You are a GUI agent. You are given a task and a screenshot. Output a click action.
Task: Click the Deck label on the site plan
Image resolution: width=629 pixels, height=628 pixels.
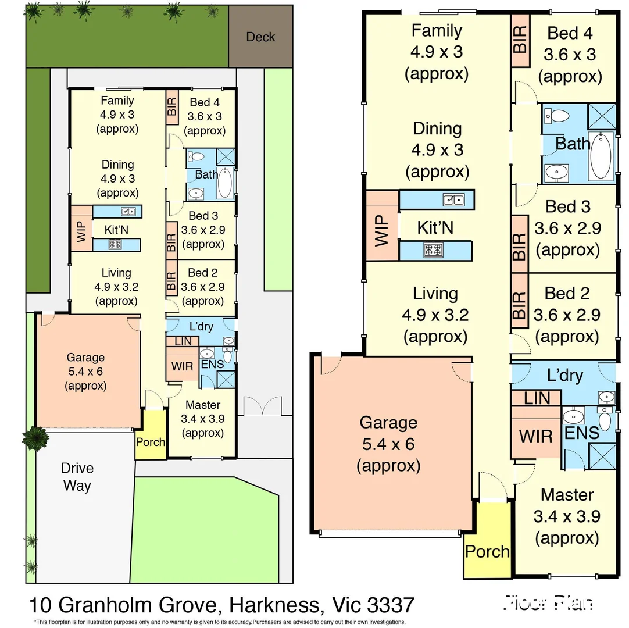[x=260, y=37]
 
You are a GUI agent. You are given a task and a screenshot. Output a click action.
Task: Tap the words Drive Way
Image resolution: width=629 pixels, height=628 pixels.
[x=77, y=477]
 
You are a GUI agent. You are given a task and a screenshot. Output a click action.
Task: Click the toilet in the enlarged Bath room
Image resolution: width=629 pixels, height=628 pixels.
[x=559, y=115]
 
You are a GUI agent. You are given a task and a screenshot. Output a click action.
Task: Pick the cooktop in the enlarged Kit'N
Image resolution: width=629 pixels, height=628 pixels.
[x=434, y=250]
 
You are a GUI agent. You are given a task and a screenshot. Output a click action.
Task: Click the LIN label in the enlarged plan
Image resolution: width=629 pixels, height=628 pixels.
[x=537, y=398]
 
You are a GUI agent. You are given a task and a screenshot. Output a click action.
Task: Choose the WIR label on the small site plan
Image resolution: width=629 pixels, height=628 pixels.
[x=182, y=367]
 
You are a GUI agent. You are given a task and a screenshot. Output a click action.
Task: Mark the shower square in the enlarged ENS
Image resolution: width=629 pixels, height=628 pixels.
[x=602, y=455]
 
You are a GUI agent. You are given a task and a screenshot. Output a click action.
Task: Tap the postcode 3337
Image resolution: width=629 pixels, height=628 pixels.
[x=391, y=605]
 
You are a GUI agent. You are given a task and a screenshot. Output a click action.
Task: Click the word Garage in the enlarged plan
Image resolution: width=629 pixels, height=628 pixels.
[x=388, y=422]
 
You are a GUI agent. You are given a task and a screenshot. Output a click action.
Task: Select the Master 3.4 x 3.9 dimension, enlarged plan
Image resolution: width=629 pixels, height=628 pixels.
[x=566, y=516]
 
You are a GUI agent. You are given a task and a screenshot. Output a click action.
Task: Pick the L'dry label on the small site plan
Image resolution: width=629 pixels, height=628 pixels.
[x=201, y=326]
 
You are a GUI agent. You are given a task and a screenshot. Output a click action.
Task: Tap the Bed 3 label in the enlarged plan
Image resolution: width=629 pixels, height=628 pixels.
[x=568, y=206]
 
